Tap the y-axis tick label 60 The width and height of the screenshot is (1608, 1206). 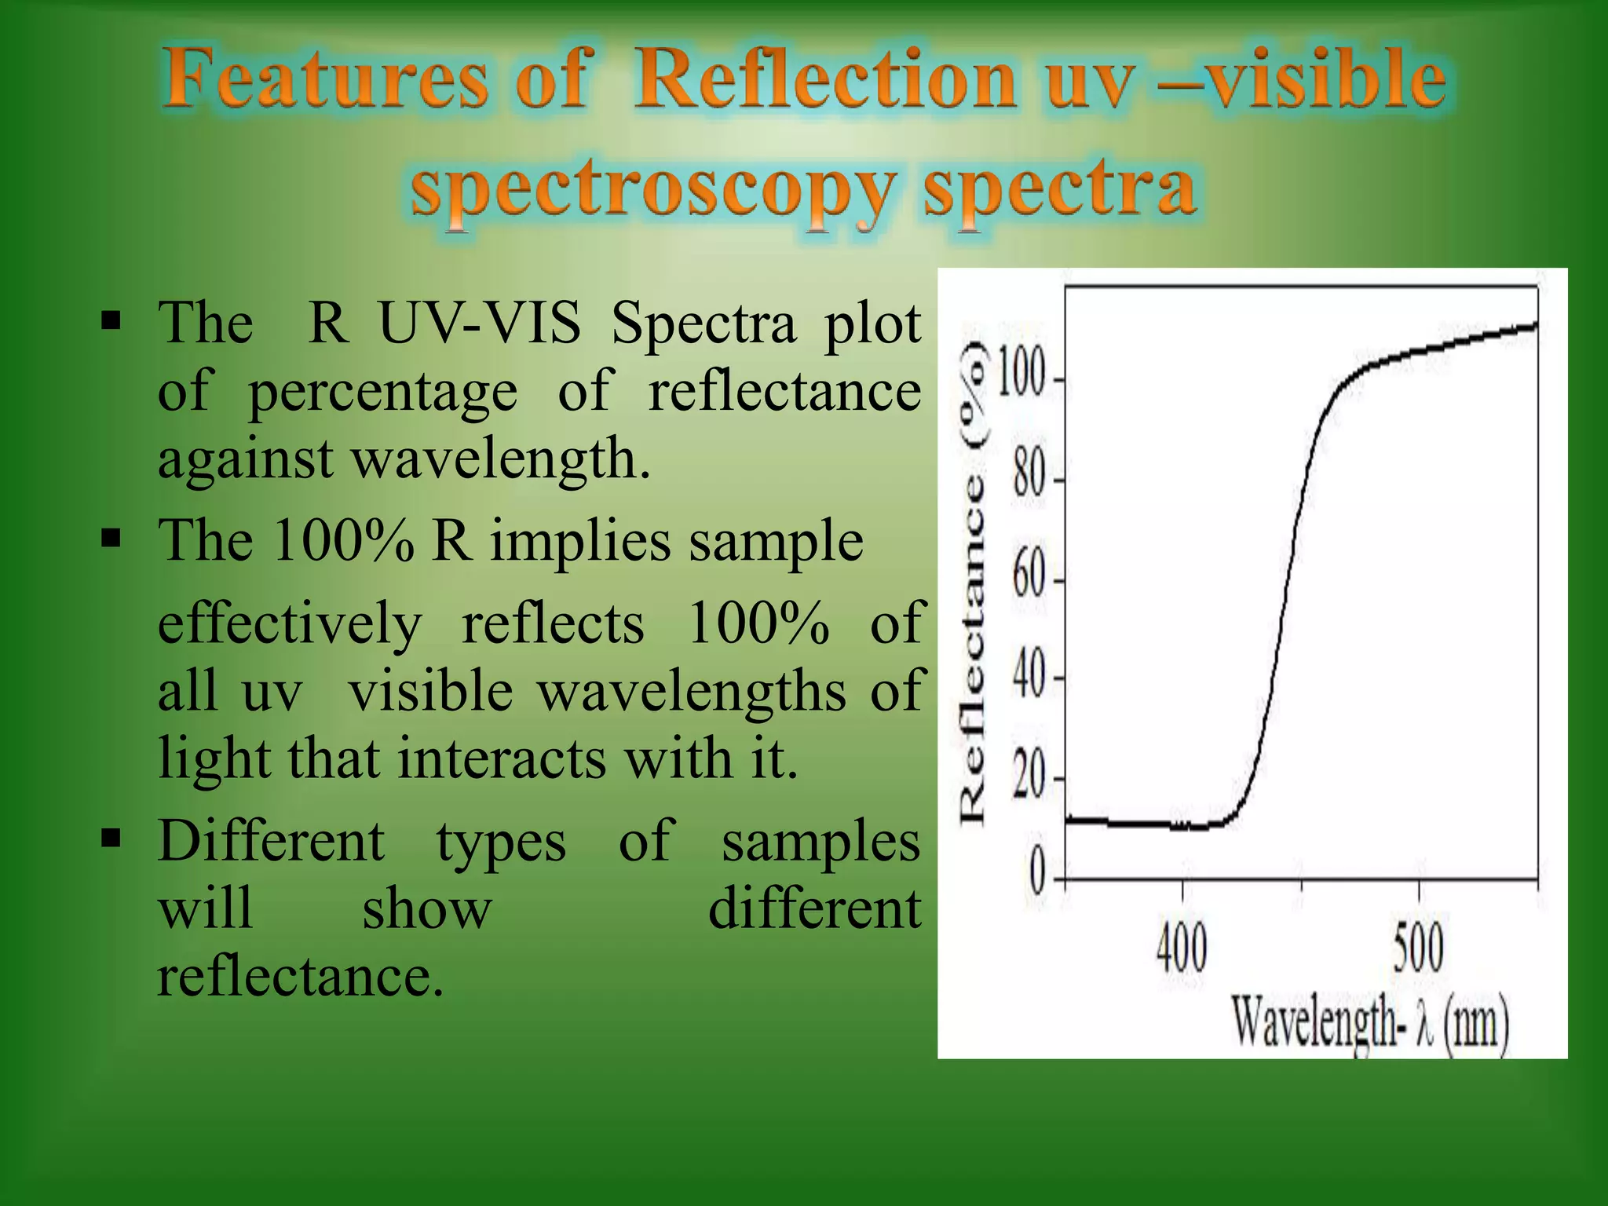(1029, 579)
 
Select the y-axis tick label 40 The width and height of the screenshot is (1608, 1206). (1029, 677)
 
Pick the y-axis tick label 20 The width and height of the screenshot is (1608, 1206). (1029, 778)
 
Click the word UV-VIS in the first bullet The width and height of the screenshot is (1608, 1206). (480, 323)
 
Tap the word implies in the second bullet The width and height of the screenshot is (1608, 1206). (580, 541)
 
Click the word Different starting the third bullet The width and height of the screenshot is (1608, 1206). (271, 841)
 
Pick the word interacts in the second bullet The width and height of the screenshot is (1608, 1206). (502, 758)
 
